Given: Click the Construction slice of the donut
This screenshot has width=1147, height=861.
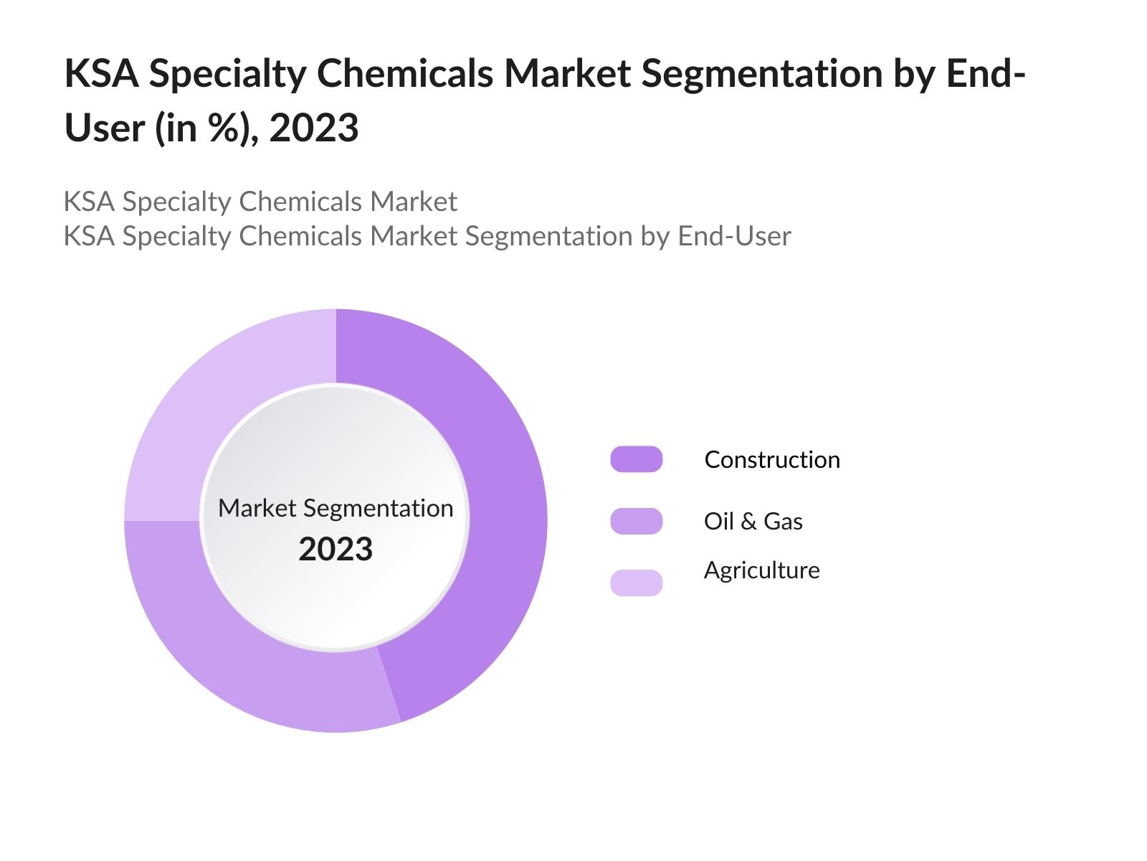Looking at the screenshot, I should point(502,502).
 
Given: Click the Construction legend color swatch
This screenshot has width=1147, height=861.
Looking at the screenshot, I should point(636,459).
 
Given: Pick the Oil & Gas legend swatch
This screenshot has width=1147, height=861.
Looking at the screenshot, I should point(636,521).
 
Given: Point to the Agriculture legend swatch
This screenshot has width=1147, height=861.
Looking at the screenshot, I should point(636,583).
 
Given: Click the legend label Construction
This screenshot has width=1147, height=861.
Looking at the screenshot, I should point(771,459).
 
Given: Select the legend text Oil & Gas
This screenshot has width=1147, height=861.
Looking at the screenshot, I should point(753,521).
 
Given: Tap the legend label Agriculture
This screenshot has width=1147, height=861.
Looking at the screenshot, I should point(761,570).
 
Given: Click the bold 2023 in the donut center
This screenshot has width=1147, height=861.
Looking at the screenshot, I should point(335,550).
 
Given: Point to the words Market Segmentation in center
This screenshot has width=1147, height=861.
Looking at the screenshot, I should point(335,508).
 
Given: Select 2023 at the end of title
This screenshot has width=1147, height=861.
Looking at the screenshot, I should point(313,128).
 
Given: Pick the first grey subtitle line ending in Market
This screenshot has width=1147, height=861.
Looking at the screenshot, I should point(260,202).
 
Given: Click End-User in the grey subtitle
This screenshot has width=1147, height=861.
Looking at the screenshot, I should point(734,236).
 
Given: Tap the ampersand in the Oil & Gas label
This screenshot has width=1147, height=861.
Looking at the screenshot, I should point(748,522).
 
